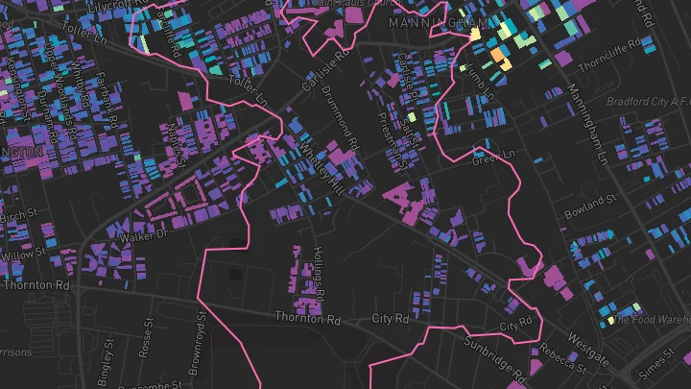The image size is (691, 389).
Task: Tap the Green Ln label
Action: (x=495, y=154)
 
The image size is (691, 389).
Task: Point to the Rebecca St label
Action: (x=561, y=360)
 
